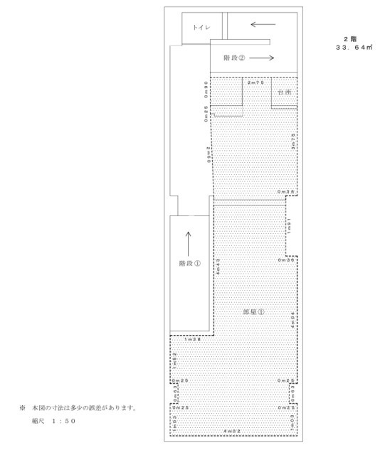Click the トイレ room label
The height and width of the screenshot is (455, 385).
[x=199, y=28]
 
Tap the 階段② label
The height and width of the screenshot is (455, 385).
[x=234, y=58]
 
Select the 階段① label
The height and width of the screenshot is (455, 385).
[x=190, y=263]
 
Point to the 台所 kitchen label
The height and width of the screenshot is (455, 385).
[x=285, y=92]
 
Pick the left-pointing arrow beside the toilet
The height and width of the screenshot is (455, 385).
[x=263, y=24]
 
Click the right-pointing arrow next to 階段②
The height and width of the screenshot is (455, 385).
[x=262, y=58]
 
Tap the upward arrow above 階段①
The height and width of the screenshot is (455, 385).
[x=189, y=242]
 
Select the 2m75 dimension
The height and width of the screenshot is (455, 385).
[x=255, y=83]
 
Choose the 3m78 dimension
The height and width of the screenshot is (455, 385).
[x=293, y=139]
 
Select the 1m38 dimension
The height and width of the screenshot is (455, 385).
[x=191, y=338]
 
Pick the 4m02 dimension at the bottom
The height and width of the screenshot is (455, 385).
[x=232, y=431]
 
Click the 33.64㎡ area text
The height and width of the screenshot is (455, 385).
[x=354, y=47]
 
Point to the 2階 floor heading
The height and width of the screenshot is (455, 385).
[x=349, y=39]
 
